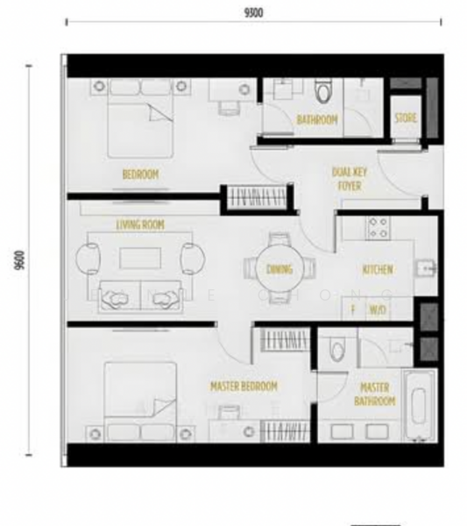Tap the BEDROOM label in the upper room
(x=139, y=174)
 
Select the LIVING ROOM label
(x=140, y=225)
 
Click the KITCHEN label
(x=378, y=270)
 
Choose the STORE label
(x=405, y=118)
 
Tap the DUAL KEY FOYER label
(x=350, y=180)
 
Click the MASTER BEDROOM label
(x=244, y=386)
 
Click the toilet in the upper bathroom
(x=323, y=92)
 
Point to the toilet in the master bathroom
(x=334, y=352)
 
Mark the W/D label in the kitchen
(x=378, y=309)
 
